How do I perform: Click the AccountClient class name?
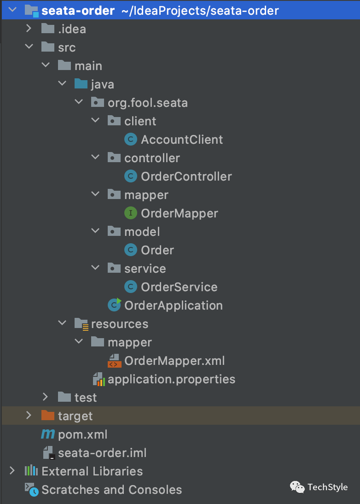coord(182,140)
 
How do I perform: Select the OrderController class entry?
coord(186,176)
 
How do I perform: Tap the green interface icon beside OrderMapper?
coord(131,213)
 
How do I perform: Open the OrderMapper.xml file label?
coord(174,361)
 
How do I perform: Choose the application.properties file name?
coord(172,380)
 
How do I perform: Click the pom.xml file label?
coord(82,435)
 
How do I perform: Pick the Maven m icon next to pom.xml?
coord(48,434)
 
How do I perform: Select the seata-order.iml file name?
coord(102,453)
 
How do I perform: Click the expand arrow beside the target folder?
coord(29,416)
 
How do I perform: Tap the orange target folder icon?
coord(48,415)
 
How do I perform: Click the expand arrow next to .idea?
coord(29,29)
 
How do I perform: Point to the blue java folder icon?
coord(81,83)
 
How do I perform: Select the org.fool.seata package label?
coord(148,103)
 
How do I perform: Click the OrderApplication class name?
coord(174,306)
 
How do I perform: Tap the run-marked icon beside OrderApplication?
coord(114,305)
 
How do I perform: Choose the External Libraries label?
coord(92,472)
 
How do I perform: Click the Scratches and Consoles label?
coord(112,490)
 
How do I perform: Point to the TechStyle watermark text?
coord(328,487)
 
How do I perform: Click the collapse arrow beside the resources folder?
coord(62,323)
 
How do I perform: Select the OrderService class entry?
coord(179,287)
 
